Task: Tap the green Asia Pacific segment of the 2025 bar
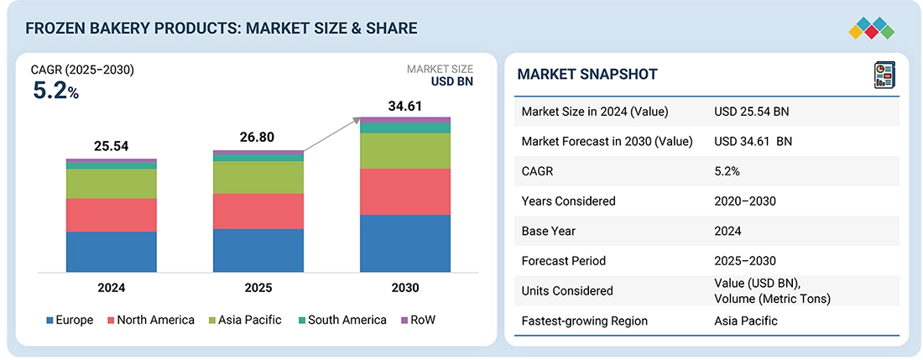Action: click(x=258, y=177)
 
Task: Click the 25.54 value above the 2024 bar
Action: click(x=112, y=147)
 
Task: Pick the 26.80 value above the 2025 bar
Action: click(x=257, y=138)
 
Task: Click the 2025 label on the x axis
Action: click(x=258, y=288)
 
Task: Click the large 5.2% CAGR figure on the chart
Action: click(x=55, y=91)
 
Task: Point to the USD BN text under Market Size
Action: click(x=452, y=82)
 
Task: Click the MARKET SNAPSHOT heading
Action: click(x=587, y=75)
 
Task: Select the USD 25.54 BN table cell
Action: click(x=752, y=112)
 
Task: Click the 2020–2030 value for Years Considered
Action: click(x=745, y=201)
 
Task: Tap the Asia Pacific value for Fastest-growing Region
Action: click(x=746, y=321)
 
